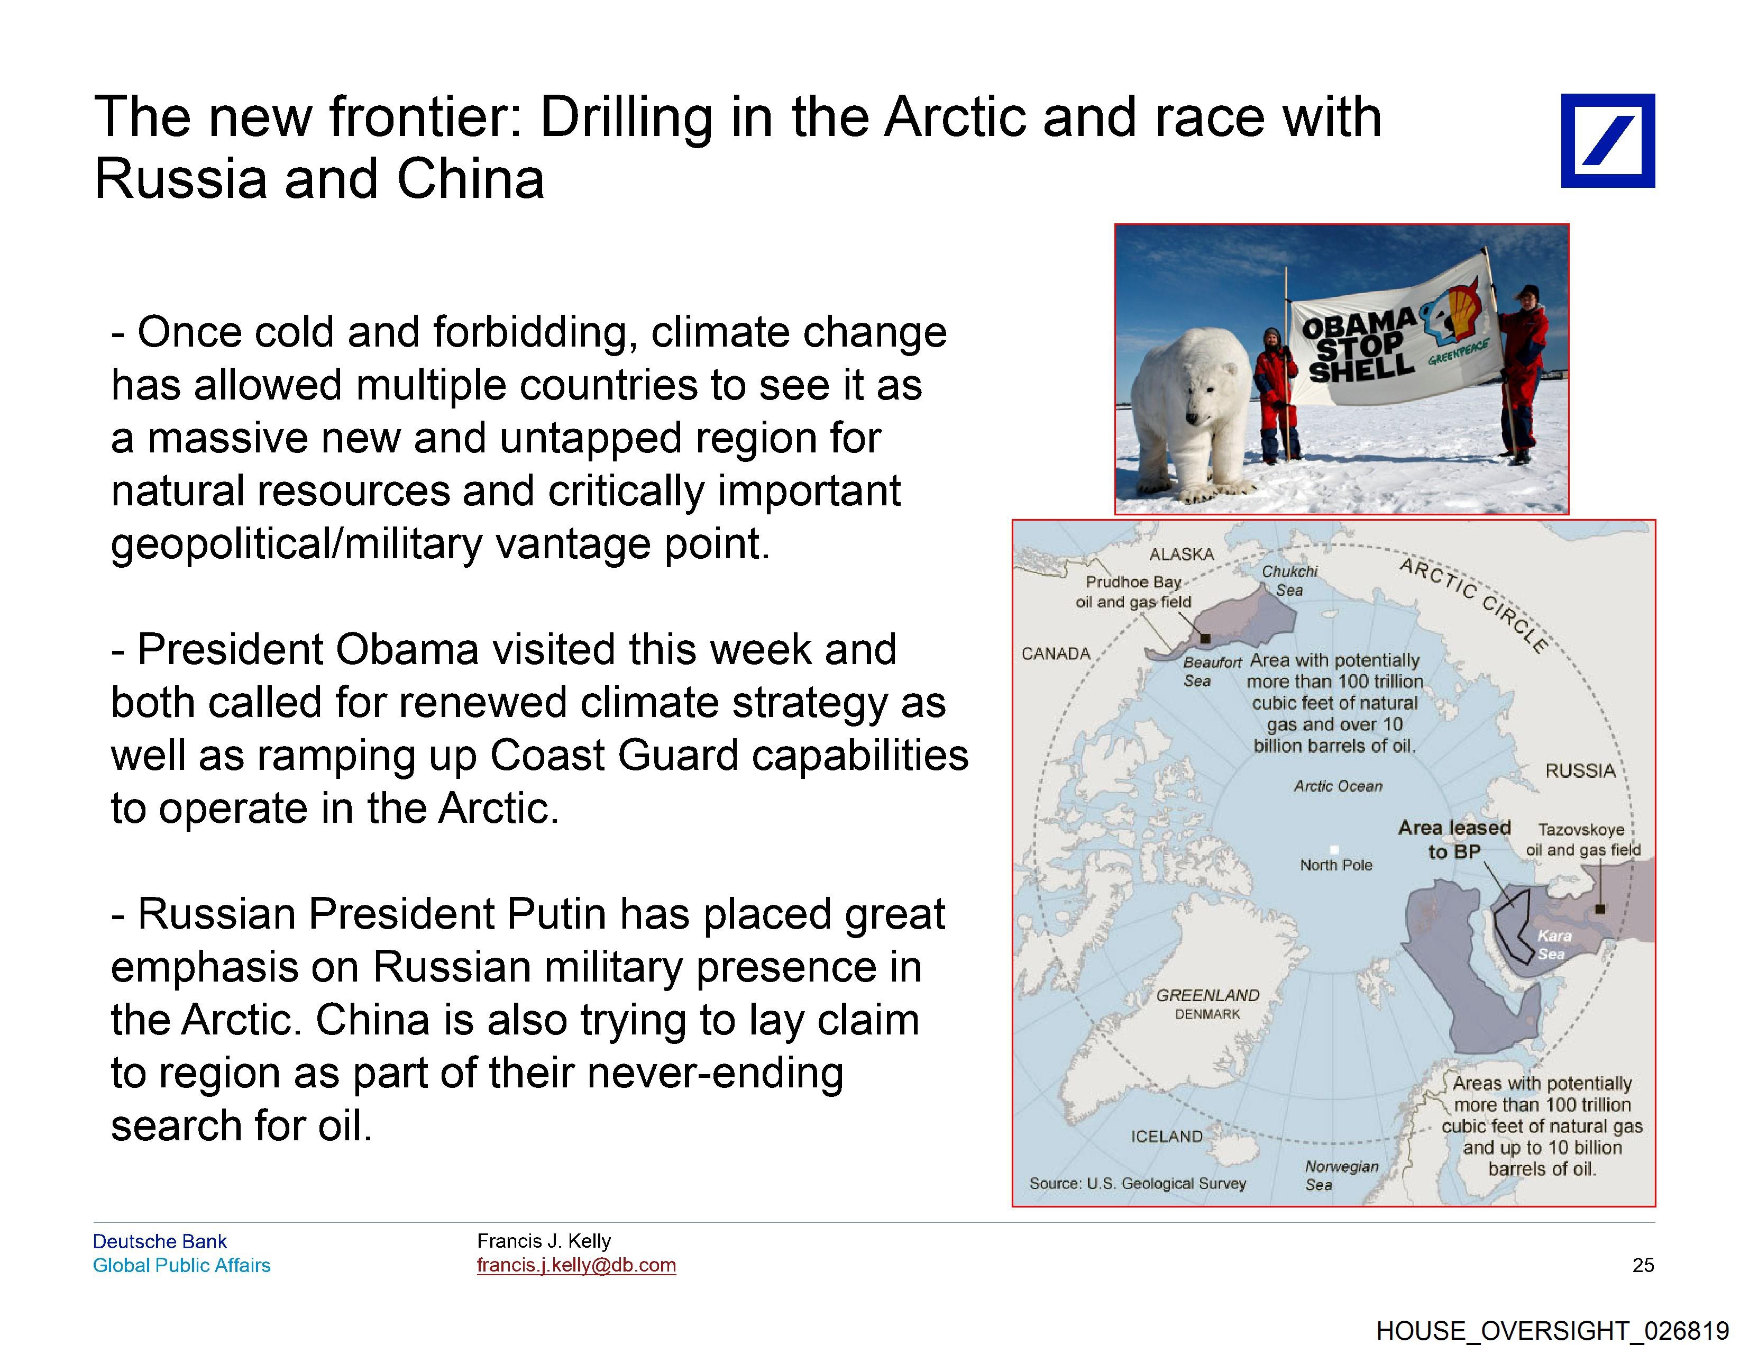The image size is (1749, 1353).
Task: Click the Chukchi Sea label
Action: click(1289, 581)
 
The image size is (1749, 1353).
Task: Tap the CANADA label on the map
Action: click(1056, 653)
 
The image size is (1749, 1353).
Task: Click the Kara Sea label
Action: click(1554, 945)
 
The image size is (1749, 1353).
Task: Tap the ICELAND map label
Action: click(1166, 1137)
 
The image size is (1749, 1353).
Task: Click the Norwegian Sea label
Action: click(1341, 1175)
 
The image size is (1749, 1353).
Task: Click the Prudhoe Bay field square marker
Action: click(1204, 639)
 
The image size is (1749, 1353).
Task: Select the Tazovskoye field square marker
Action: click(1600, 909)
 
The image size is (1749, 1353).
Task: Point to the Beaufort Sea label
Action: click(1212, 671)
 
